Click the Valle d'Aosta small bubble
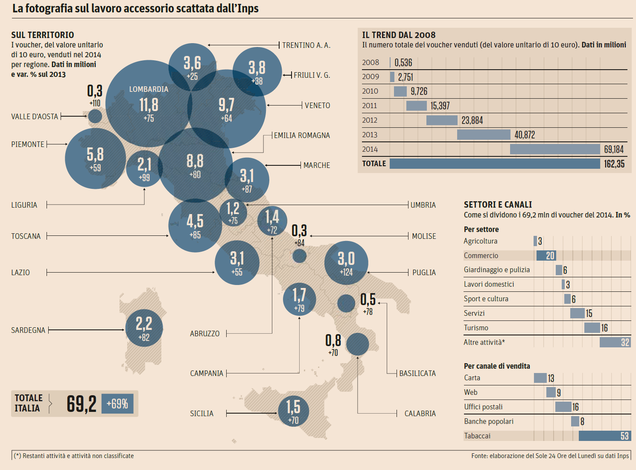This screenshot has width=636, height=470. tap(95, 116)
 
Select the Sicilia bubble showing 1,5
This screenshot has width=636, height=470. tap(293, 411)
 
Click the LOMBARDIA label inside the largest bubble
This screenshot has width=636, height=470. tap(149, 89)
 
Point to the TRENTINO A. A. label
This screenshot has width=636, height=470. tap(306, 45)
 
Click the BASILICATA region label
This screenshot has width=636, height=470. tap(417, 373)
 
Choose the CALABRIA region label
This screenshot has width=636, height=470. tap(420, 414)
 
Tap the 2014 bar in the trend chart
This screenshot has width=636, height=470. tap(555, 149)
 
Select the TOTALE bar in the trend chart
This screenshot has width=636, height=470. tap(495, 164)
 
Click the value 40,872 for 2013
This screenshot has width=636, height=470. tap(525, 135)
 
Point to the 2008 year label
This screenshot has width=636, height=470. tap(370, 62)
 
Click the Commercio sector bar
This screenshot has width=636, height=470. tap(546, 256)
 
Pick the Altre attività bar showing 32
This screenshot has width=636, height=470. tap(615, 342)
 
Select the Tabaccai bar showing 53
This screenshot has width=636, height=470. tap(604, 436)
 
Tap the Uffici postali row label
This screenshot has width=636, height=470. tap(483, 407)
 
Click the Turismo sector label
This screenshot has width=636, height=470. tap(476, 328)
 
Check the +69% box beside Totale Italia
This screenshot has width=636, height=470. tap(117, 404)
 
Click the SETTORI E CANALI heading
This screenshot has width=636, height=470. tap(498, 205)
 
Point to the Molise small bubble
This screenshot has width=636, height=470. tap(299, 256)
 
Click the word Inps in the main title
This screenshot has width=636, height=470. tap(248, 9)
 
